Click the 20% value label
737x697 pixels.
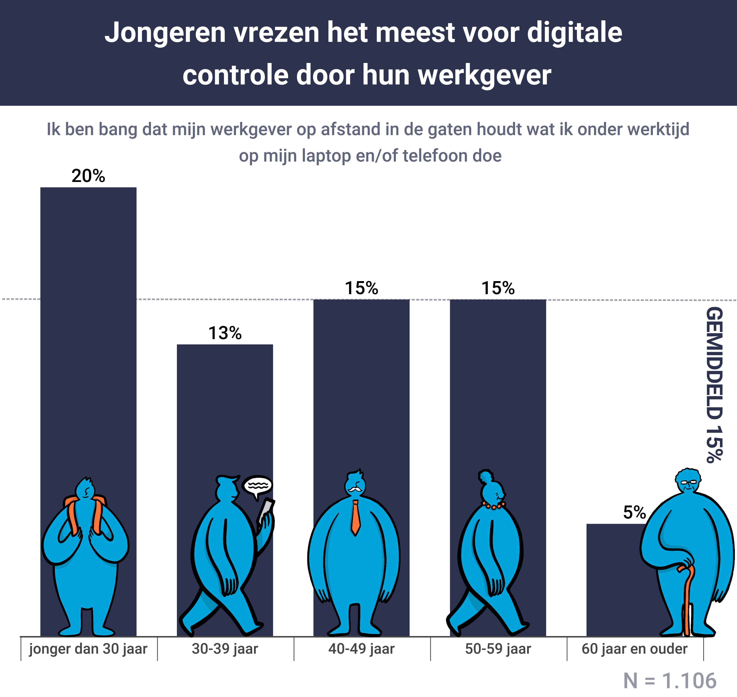pos(88,176)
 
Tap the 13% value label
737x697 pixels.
pos(225,333)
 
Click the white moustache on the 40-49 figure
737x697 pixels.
pos(355,489)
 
